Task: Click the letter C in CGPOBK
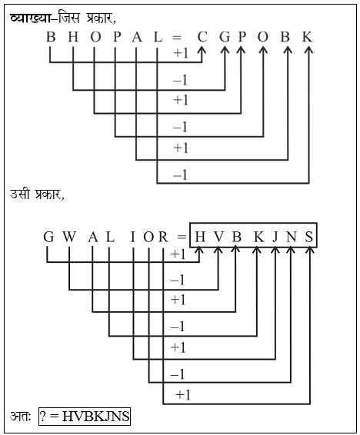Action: tap(202, 37)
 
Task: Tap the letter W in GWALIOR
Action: tap(68, 237)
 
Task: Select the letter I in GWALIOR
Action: tap(133, 237)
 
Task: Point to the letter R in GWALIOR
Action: tap(163, 237)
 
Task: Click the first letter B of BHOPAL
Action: tap(51, 37)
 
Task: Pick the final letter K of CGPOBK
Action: tap(307, 37)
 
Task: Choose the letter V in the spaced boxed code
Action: tap(218, 237)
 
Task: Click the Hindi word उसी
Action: tap(20, 194)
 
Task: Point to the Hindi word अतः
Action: tap(20, 416)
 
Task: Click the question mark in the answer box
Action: tap(42, 416)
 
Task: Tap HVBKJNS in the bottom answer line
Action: tap(95, 416)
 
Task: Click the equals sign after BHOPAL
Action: tap(176, 38)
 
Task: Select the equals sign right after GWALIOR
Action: tap(182, 237)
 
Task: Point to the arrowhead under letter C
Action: tap(202, 50)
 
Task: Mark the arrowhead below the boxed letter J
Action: tap(275, 251)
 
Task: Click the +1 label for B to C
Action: tap(181, 53)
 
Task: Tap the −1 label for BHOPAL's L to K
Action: tap(180, 175)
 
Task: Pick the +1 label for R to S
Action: tap(183, 395)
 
